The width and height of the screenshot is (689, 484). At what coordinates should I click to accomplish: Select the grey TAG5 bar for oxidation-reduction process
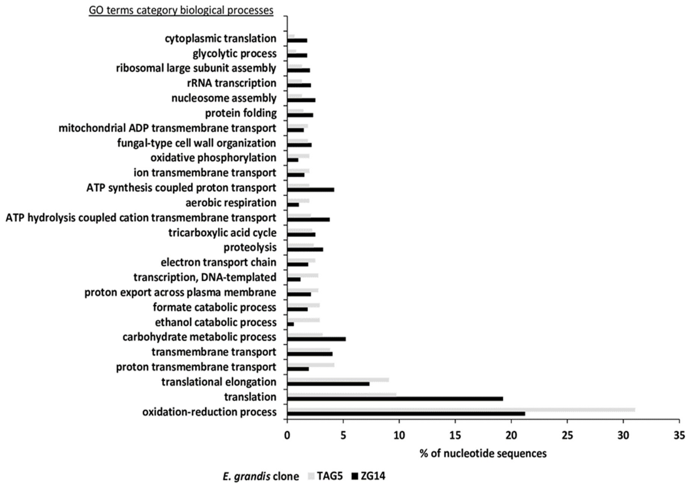[461, 410]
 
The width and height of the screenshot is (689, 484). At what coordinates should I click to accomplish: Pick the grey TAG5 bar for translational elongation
[338, 380]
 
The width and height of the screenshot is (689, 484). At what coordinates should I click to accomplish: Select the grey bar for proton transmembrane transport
[311, 365]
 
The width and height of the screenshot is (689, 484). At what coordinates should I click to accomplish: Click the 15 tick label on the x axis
[455, 436]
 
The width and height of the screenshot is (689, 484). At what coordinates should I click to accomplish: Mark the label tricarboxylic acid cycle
[222, 233]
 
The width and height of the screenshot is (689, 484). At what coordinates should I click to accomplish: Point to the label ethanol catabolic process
[216, 322]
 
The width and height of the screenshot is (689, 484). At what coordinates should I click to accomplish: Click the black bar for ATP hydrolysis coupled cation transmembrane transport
[308, 219]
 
